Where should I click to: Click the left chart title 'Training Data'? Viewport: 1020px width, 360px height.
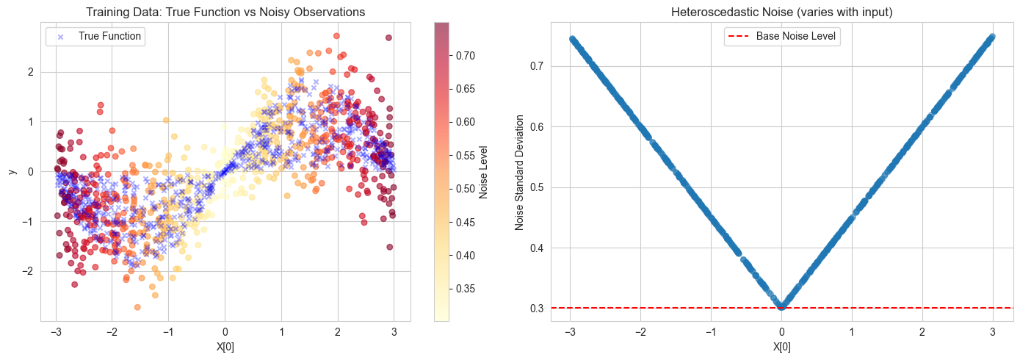[x=225, y=12]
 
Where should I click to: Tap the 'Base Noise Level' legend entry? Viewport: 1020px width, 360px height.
[x=796, y=36]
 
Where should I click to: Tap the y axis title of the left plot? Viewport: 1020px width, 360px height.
[x=12, y=171]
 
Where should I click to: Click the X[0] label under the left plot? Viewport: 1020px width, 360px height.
[x=225, y=348]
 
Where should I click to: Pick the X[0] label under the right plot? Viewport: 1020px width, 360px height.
[x=781, y=348]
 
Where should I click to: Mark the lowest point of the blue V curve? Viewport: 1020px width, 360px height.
[x=781, y=307]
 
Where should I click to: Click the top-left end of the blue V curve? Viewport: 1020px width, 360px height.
[x=572, y=39]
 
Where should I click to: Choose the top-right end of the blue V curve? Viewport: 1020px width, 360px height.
[x=991, y=36]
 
